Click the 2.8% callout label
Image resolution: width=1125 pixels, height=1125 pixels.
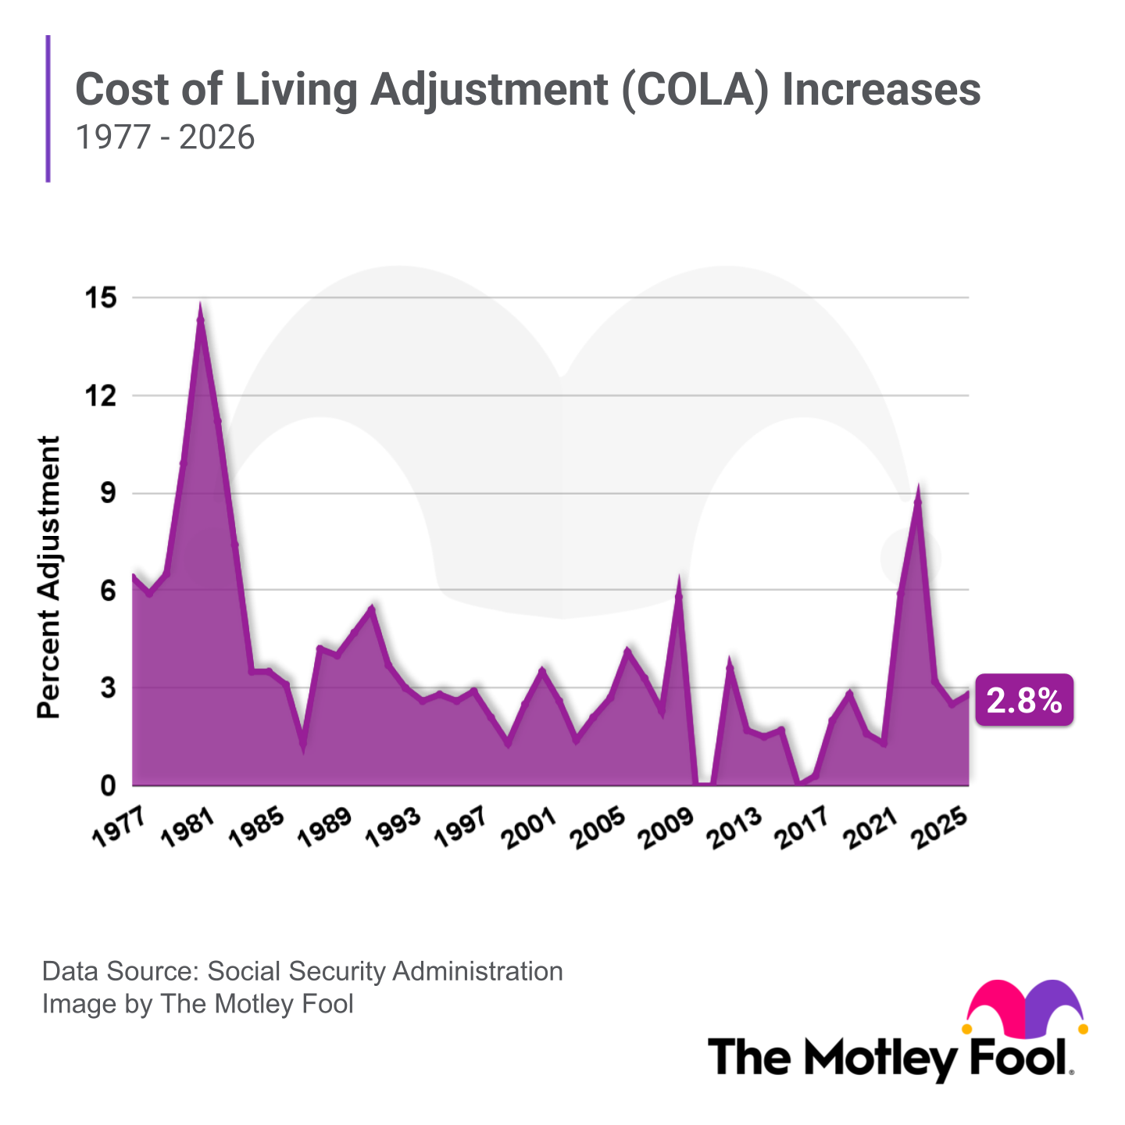click(1023, 700)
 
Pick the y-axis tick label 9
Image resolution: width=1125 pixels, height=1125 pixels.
click(107, 493)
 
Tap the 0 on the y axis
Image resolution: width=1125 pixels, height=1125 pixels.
click(107, 786)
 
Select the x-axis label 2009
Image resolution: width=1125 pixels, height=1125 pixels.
click(666, 827)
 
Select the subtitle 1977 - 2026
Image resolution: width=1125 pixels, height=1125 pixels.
click(165, 137)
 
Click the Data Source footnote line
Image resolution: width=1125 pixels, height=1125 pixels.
click(302, 971)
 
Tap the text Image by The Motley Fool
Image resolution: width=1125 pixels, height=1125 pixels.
click(198, 1003)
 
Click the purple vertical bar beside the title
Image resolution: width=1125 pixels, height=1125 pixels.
click(48, 109)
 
